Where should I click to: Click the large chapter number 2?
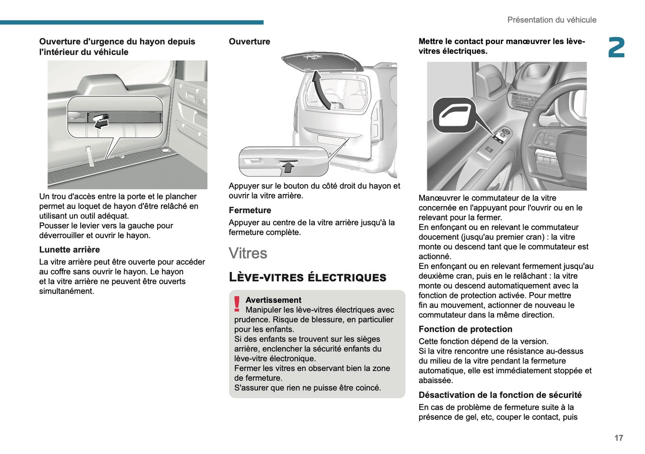pos(616,48)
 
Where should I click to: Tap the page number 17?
pos(618,438)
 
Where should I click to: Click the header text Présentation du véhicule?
pos(551,20)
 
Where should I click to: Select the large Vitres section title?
pos(248,253)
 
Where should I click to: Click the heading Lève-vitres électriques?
pos(307,277)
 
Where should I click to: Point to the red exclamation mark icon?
pos(237,304)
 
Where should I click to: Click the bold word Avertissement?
pos(273,300)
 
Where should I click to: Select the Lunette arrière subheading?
pos(69,250)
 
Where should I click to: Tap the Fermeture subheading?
pos(250,210)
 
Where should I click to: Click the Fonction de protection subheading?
pos(465,329)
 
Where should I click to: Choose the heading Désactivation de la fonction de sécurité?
pos(500,395)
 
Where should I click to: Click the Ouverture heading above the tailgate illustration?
pos(249,41)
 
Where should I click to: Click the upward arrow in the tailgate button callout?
pos(289,167)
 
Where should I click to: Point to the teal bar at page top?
pos(132,22)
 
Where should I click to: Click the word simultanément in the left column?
pos(67,291)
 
